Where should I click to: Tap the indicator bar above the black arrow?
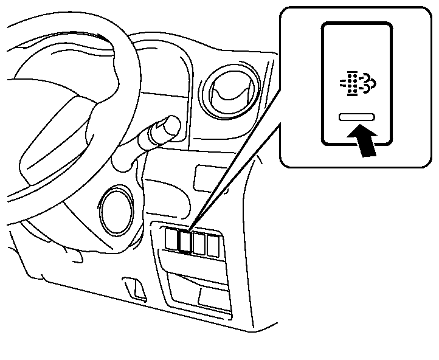click(358, 116)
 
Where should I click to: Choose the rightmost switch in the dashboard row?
click(213, 244)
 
